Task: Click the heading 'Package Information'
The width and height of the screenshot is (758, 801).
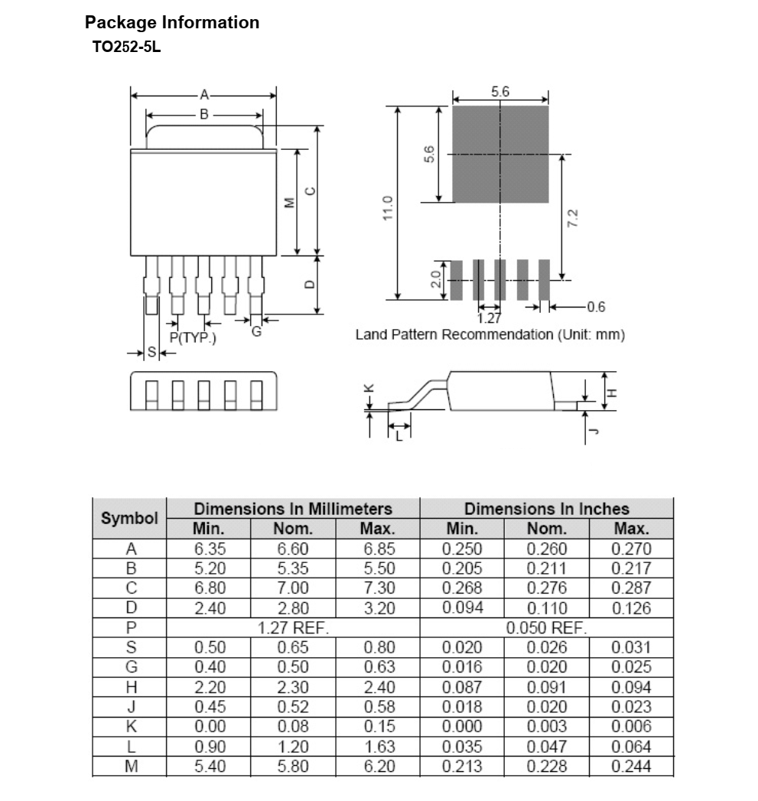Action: click(172, 22)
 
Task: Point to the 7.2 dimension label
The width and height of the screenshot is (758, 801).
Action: click(574, 219)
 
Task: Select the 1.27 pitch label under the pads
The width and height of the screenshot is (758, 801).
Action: click(489, 317)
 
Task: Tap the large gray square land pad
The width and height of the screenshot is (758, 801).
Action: click(500, 154)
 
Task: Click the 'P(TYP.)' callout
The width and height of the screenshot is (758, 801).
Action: click(193, 337)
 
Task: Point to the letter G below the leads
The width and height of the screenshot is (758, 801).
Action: click(256, 331)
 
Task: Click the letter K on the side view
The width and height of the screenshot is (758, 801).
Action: click(369, 389)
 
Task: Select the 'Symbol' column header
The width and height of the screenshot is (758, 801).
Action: click(129, 518)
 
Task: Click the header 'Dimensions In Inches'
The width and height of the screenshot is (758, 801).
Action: click(546, 509)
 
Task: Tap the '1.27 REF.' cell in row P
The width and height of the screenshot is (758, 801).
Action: click(293, 628)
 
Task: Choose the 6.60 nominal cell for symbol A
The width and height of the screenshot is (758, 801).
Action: click(293, 549)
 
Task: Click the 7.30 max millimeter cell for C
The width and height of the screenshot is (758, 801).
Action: click(378, 588)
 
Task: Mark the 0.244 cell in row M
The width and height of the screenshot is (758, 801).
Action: click(631, 767)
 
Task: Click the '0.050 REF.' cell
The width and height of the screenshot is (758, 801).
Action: click(546, 628)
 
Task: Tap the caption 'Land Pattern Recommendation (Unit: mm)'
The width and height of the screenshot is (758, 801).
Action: click(490, 334)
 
